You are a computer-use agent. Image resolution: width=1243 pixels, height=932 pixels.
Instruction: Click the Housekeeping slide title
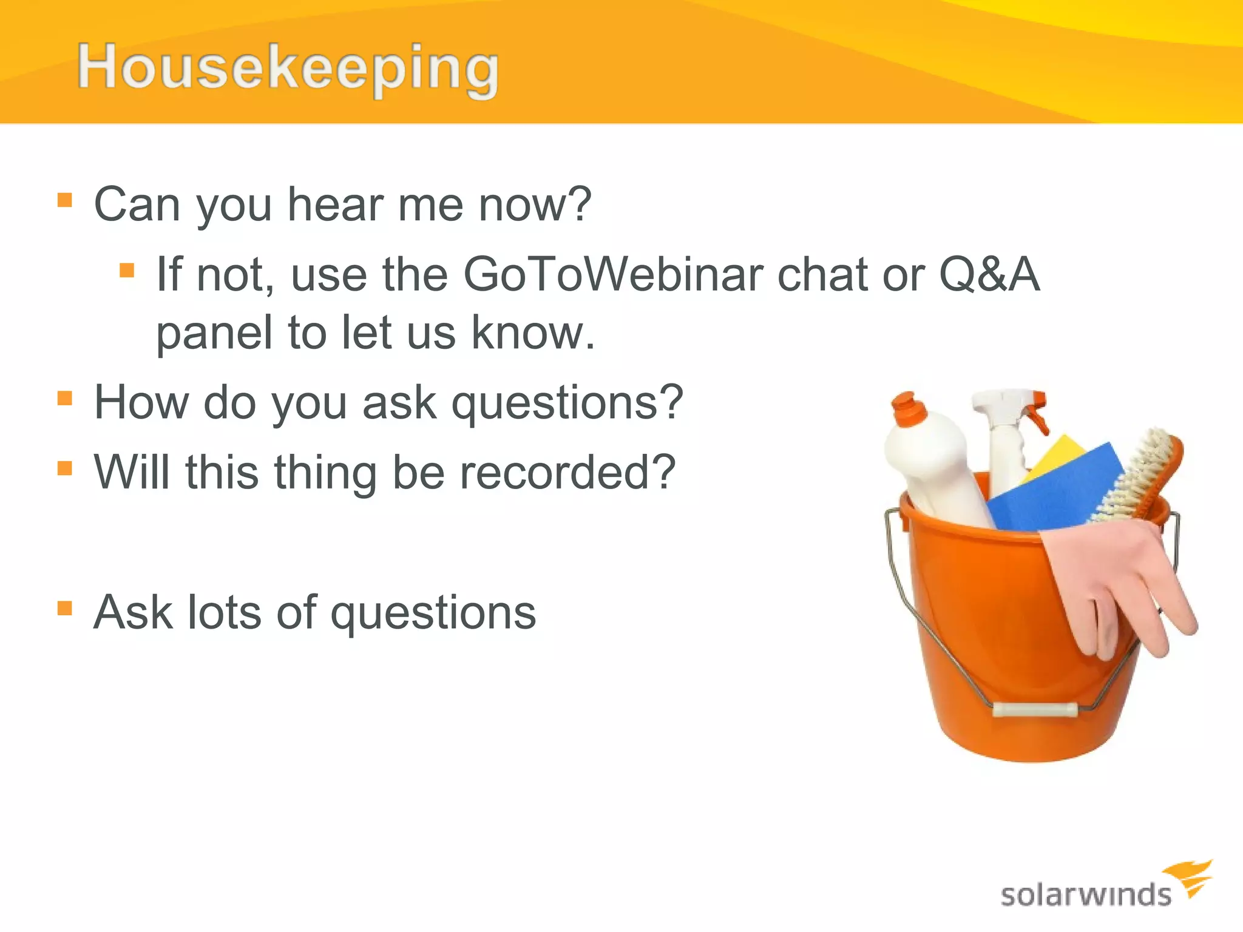coord(288,68)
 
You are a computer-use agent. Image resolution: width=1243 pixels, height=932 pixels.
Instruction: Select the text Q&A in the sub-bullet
coord(989,275)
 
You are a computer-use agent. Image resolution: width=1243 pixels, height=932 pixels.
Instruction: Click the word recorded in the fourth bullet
coord(567,473)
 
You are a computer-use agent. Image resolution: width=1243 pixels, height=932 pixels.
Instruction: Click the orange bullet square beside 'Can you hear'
coord(65,200)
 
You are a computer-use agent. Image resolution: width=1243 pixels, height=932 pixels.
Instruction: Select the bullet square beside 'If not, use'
coord(127,270)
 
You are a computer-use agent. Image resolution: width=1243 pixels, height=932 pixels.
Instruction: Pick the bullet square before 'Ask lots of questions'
coord(65,608)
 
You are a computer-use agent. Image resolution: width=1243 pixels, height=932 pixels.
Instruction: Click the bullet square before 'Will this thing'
coord(65,468)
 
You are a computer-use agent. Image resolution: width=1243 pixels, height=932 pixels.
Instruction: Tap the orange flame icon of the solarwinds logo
coord(1190,877)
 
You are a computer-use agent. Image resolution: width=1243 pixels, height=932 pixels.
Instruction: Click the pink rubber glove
coord(1117,582)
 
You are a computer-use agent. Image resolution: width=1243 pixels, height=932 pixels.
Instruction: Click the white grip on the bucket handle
coord(1035,709)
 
